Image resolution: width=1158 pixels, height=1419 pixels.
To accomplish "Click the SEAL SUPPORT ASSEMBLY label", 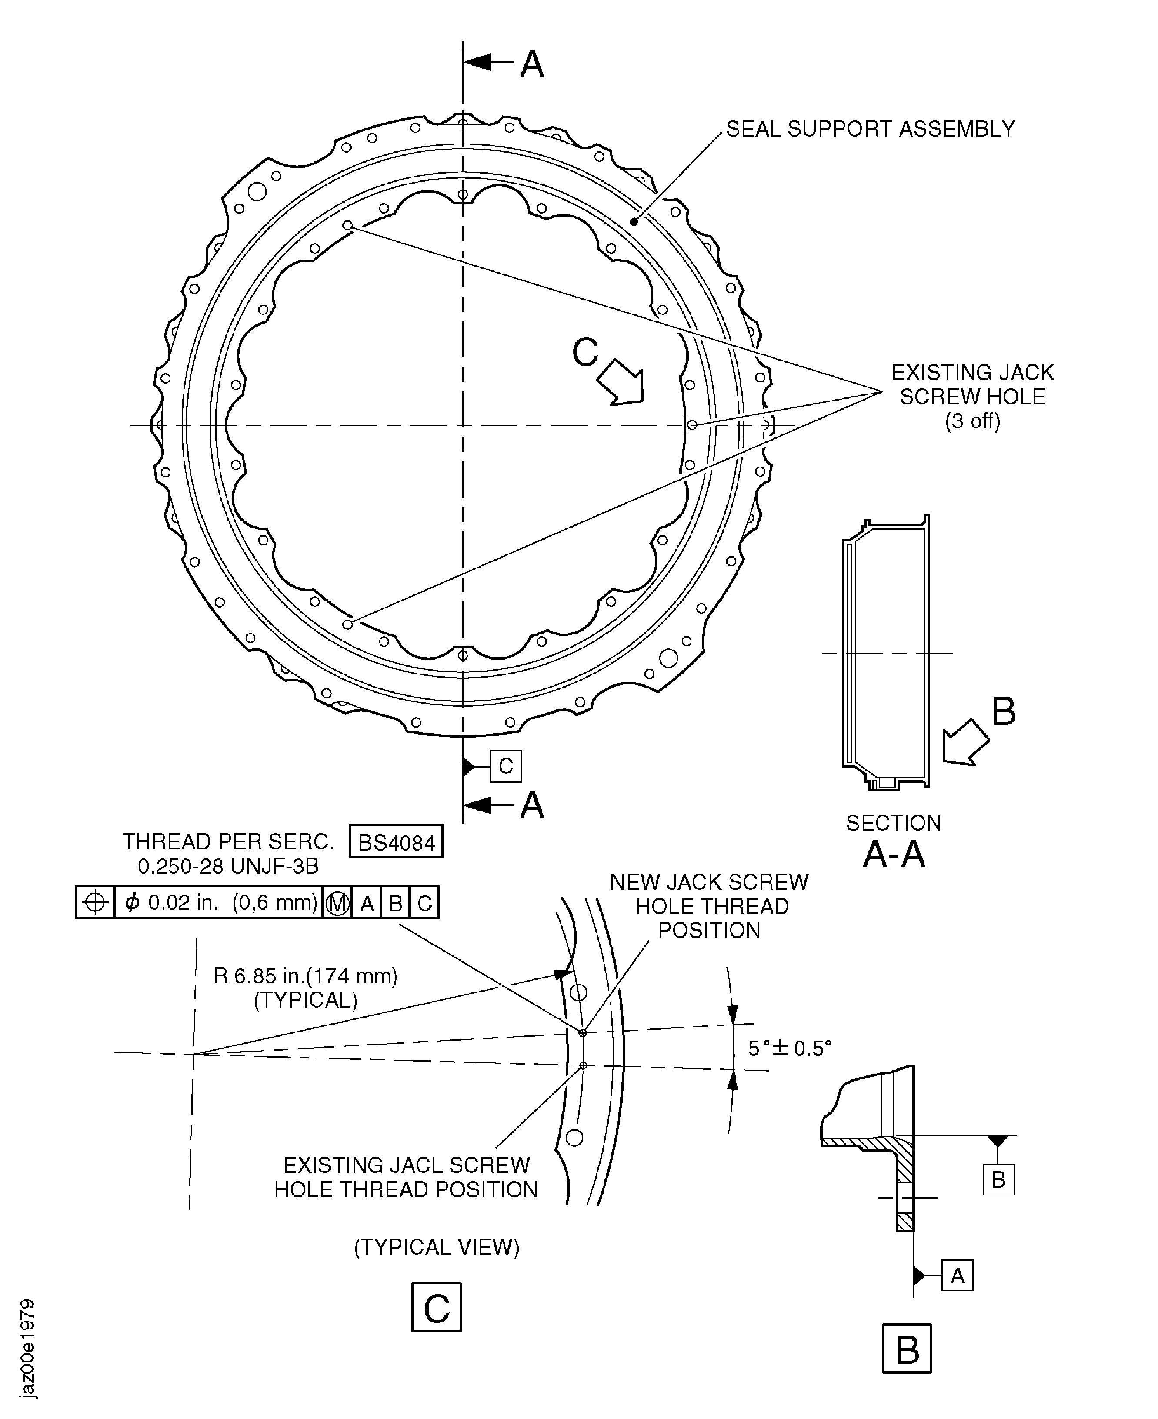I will (870, 129).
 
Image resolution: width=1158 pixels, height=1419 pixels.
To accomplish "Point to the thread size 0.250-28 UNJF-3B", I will (228, 866).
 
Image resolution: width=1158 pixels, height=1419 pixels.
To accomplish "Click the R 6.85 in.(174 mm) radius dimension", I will (306, 976).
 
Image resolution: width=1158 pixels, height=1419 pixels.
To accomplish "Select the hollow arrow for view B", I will (965, 742).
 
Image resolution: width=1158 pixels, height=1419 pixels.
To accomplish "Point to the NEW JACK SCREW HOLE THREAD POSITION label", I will (709, 906).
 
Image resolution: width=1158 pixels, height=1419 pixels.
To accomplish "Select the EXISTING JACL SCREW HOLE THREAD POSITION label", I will (406, 1178).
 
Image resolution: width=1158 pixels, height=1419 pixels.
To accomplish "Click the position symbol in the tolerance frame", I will (95, 903).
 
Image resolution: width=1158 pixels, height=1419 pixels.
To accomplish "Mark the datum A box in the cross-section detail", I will (957, 1276).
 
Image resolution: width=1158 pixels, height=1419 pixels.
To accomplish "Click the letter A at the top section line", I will (532, 65).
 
